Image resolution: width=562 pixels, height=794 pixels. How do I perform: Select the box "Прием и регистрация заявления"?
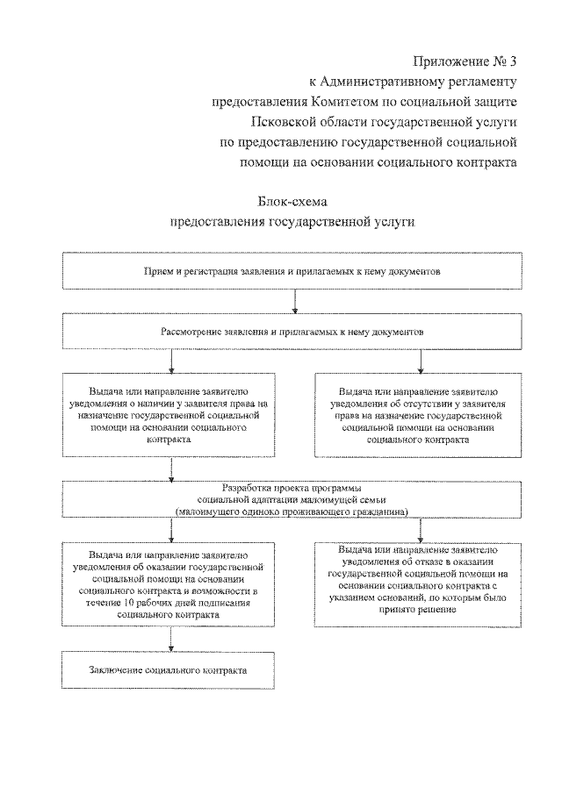[x=292, y=271]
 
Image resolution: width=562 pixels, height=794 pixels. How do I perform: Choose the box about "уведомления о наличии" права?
[x=171, y=417]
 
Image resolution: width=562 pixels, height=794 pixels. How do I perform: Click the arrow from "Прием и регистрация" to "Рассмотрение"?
[x=295, y=303]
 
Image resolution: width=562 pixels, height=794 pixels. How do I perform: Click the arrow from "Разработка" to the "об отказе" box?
[x=421, y=528]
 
